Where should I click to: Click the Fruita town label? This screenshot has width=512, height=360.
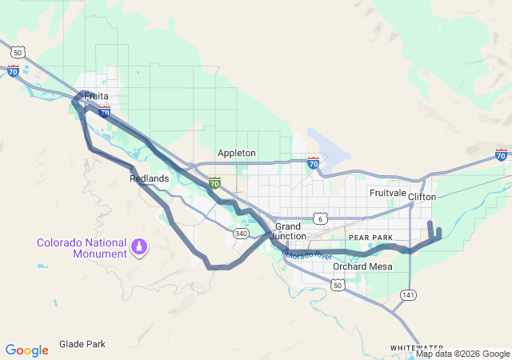point(96,96)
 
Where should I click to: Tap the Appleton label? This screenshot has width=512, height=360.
point(237,153)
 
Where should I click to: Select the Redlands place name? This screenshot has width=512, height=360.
point(149,178)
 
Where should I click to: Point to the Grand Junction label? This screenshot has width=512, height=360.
point(287,231)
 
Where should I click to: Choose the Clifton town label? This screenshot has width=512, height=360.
point(422,196)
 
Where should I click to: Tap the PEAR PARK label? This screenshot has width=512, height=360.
point(370,238)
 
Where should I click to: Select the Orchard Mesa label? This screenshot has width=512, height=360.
point(362,266)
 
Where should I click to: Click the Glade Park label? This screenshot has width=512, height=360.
point(82,344)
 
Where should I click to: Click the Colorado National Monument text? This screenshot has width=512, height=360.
point(82,248)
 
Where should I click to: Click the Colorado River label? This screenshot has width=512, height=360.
point(306,254)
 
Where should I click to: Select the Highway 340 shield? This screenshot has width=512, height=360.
point(241,233)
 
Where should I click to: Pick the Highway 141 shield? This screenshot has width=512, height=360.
point(409,294)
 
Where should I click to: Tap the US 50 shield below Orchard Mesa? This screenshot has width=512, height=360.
point(338,284)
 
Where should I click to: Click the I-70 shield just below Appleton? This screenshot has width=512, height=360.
point(214,183)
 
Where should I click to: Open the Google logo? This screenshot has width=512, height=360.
point(26,350)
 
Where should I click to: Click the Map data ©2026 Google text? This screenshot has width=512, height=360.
point(462,354)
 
